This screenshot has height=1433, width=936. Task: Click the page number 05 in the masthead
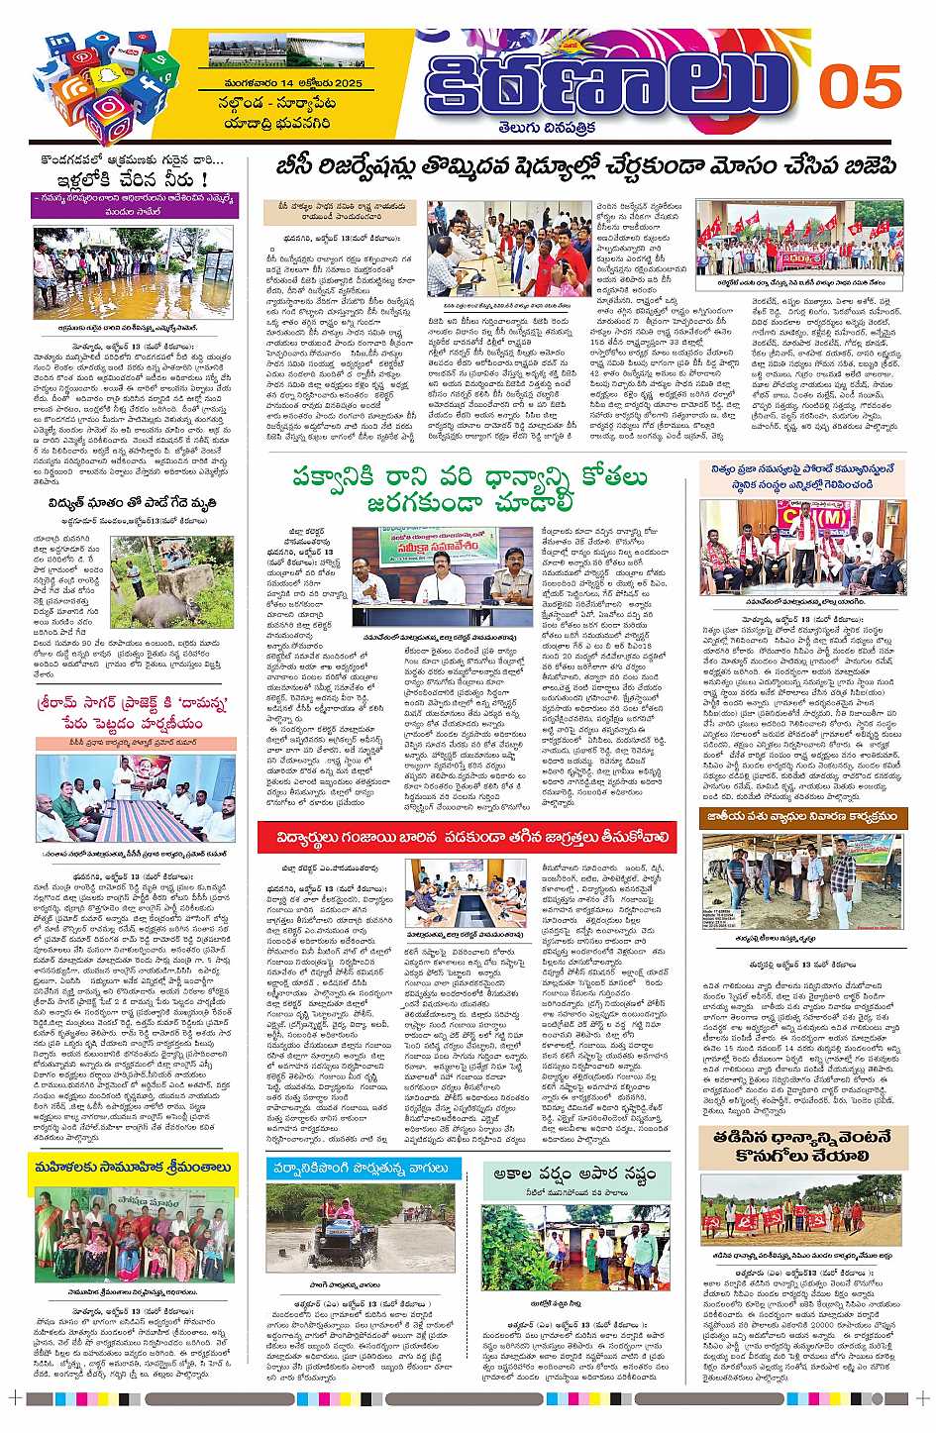(859, 87)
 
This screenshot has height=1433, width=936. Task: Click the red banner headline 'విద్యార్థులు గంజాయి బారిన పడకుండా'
(466, 838)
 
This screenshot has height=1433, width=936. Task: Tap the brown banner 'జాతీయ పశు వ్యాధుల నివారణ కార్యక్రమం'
(800, 817)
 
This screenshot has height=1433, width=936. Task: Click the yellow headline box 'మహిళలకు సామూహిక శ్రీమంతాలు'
(133, 1168)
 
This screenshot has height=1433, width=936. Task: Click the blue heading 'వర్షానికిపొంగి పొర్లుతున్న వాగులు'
(364, 1169)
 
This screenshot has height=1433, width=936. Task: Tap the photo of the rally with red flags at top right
(800, 238)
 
